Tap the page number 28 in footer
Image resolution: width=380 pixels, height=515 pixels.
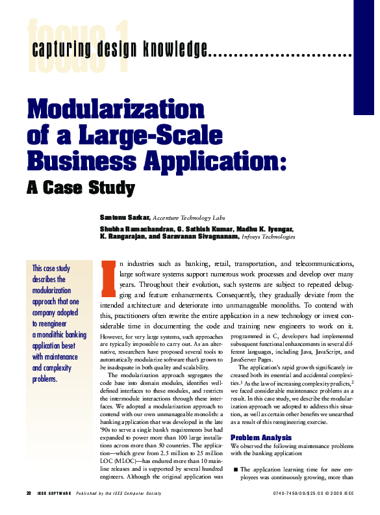click(29, 494)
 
